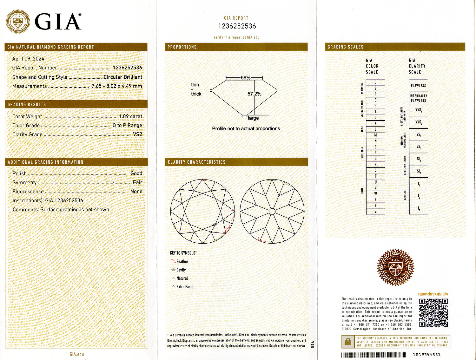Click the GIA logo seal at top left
click(18, 22)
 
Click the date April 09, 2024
click(28, 59)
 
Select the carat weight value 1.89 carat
click(130, 116)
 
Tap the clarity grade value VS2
click(137, 134)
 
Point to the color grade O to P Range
click(127, 125)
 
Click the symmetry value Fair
click(137, 182)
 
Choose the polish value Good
click(136, 173)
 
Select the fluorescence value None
click(136, 191)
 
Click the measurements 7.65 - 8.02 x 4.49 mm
click(117, 86)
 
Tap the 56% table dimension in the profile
click(245, 78)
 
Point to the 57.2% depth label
click(254, 94)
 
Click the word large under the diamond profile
click(253, 118)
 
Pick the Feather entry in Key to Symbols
click(182, 261)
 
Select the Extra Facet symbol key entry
click(185, 287)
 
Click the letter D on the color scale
click(375, 82)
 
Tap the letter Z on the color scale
click(376, 212)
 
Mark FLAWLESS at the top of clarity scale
click(418, 86)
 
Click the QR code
click(433, 312)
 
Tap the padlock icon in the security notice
click(348, 342)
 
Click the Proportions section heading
click(182, 47)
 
